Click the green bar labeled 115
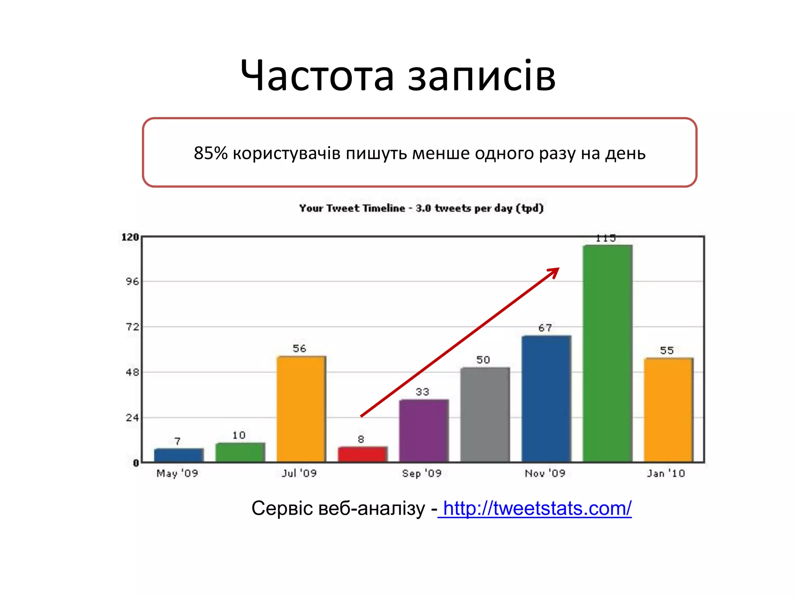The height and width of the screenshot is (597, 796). [607, 354]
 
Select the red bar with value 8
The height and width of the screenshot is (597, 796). [362, 454]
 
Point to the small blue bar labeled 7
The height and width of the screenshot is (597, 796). [178, 455]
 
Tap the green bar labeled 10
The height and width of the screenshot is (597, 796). [240, 452]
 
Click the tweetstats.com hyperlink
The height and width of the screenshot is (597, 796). [537, 508]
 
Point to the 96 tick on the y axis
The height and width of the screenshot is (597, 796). [132, 281]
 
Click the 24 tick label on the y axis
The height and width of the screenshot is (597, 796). [132, 418]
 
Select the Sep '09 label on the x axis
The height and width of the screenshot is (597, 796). [422, 473]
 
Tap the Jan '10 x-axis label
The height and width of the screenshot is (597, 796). [666, 473]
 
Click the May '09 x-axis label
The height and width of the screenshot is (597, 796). [177, 473]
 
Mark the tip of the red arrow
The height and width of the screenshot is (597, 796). [559, 268]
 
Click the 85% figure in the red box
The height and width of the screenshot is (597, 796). [210, 153]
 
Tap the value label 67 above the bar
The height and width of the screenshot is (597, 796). [545, 328]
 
